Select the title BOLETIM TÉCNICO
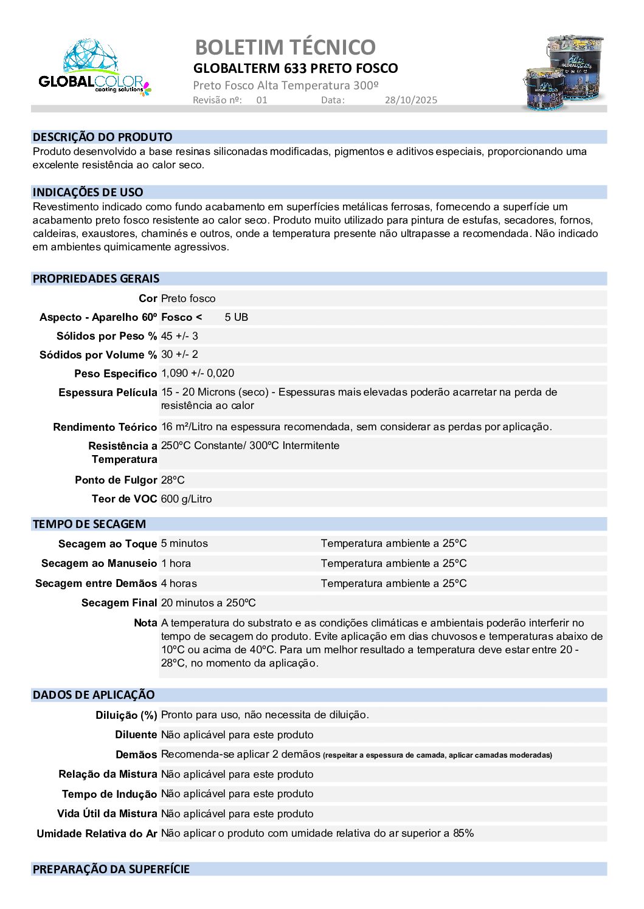click(x=285, y=47)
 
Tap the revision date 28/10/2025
click(x=410, y=100)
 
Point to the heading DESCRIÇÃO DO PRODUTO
click(x=102, y=137)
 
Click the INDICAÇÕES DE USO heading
click(x=88, y=193)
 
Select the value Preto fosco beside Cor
click(x=188, y=298)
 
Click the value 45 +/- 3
click(x=179, y=336)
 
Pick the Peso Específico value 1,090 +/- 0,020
click(x=198, y=373)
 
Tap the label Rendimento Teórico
click(x=105, y=427)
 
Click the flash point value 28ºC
click(x=173, y=480)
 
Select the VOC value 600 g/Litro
click(x=186, y=499)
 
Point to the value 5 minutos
click(x=184, y=543)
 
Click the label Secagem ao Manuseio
click(x=99, y=563)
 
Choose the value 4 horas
click(x=179, y=583)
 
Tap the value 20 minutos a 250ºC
click(x=208, y=603)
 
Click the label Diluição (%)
click(x=126, y=715)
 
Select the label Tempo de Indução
click(x=109, y=794)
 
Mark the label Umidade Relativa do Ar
click(x=97, y=834)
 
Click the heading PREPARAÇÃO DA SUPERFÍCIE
click(x=111, y=870)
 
